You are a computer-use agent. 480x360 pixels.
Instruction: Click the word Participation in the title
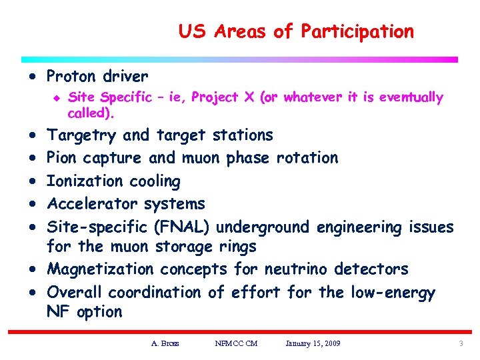[357, 31]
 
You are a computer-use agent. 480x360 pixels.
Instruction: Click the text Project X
[223, 97]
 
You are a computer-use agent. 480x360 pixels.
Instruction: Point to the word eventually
[410, 97]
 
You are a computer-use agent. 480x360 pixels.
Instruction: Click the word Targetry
[81, 135]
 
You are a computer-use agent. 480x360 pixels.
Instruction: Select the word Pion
[63, 158]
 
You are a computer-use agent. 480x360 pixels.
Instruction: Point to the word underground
[263, 227]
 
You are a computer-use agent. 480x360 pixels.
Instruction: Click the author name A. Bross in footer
[165, 343]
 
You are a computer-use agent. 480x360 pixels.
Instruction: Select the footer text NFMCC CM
[236, 343]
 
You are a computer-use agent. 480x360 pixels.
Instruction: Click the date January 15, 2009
[313, 343]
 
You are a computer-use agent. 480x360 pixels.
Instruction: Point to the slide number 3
[460, 343]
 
